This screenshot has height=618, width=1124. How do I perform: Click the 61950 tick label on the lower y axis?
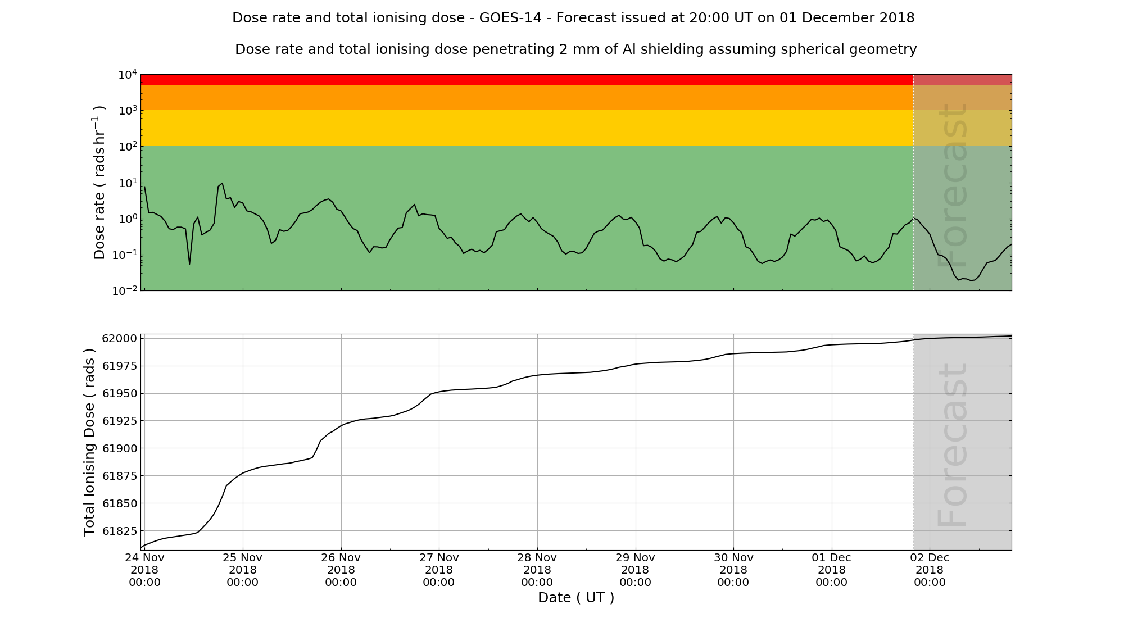click(120, 393)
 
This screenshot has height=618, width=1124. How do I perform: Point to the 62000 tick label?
click(120, 338)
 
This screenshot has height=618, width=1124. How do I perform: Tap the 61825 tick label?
click(120, 531)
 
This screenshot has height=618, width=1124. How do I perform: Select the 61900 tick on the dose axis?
click(120, 448)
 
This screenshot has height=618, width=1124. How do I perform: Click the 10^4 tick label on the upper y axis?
click(128, 75)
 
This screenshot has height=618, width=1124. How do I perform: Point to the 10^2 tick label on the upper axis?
click(128, 147)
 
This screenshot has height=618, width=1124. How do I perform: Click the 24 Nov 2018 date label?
click(144, 570)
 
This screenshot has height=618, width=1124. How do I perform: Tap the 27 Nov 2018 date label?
click(439, 570)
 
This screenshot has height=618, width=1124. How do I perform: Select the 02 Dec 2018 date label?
click(930, 570)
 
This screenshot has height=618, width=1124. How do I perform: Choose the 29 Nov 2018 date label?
click(635, 570)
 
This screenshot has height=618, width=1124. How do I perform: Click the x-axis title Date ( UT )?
click(576, 597)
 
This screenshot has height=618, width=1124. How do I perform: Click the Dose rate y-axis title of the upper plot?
click(99, 183)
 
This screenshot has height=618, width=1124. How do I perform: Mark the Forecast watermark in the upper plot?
click(953, 185)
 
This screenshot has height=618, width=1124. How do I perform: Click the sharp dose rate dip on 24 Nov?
click(189, 263)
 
